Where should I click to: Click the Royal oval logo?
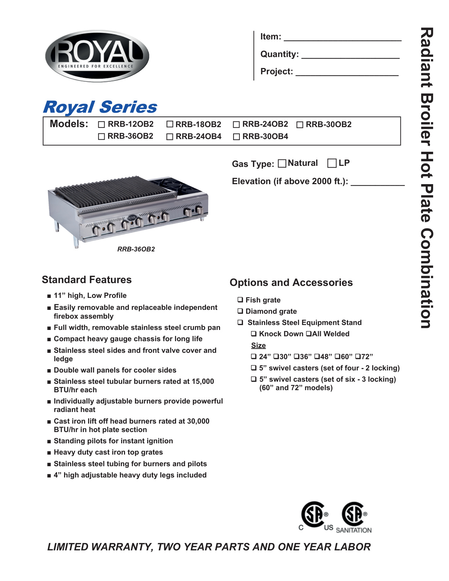pyautogui.click(x=97, y=56)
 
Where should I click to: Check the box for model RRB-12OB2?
pyautogui.click(x=102, y=125)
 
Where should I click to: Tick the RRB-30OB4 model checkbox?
pyautogui.click(x=237, y=137)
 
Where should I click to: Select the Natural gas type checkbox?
pyautogui.click(x=282, y=163)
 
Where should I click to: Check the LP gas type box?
pyautogui.click(x=332, y=163)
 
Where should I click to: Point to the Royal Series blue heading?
pyautogui.click(x=100, y=107)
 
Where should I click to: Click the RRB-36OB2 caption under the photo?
pyautogui.click(x=136, y=249)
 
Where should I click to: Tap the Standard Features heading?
pyautogui.click(x=87, y=280)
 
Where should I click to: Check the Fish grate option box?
pyautogui.click(x=240, y=300)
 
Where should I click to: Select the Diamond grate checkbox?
pyautogui.click(x=240, y=311)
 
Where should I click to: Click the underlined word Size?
pyautogui.click(x=258, y=345)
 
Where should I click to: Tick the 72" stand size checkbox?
pyautogui.click(x=358, y=357)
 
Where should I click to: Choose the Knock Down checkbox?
pyautogui.click(x=254, y=334)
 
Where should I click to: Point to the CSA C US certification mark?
pyautogui.click(x=314, y=516)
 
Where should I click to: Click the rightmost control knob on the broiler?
pyautogui.click(x=200, y=210)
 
